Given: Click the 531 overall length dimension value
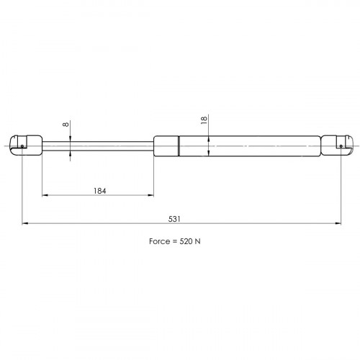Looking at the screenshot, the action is click(x=174, y=219).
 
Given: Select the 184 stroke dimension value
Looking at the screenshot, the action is click(x=99, y=191).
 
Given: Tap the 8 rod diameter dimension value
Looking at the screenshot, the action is click(x=66, y=125).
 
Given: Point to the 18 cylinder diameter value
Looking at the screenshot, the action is click(x=204, y=120).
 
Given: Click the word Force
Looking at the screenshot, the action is click(x=160, y=241).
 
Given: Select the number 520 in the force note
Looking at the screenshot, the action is click(x=186, y=241).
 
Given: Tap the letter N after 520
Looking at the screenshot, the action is click(x=197, y=241).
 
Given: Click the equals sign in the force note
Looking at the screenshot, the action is click(x=175, y=241).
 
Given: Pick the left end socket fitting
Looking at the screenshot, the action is click(x=26, y=145).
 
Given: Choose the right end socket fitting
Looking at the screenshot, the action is click(x=337, y=145).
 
